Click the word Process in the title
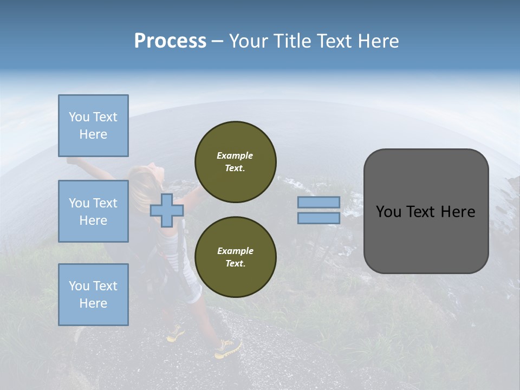click(x=170, y=41)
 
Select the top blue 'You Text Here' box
click(x=93, y=126)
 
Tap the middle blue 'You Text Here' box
click(x=93, y=211)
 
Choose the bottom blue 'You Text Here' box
click(x=93, y=295)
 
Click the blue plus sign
click(x=167, y=211)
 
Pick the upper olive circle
click(x=235, y=162)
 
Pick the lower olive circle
click(x=235, y=257)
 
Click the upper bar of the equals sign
click(x=319, y=203)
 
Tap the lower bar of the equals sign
click(x=319, y=218)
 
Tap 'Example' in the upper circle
click(x=235, y=155)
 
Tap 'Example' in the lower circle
click(x=235, y=251)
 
